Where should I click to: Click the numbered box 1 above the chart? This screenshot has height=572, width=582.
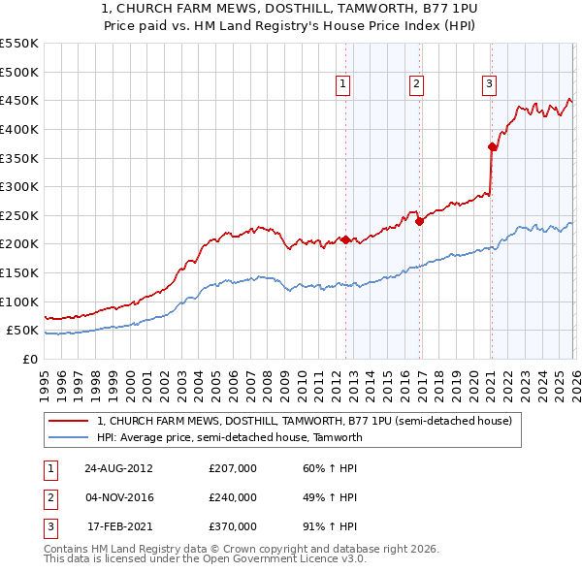tap(343, 85)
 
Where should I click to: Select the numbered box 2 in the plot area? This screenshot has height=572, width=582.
tap(415, 85)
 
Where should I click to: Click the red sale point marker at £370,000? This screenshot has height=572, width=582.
tap(492, 146)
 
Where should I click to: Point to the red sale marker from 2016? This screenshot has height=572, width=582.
tap(419, 221)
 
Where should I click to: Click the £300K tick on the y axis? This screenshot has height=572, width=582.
tap(19, 186)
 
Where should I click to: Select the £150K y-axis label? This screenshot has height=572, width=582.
tap(19, 272)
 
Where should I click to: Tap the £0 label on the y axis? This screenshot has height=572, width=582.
tap(29, 359)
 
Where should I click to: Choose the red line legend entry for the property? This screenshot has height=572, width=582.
tap(310, 421)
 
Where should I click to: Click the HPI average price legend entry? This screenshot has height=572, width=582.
tap(229, 437)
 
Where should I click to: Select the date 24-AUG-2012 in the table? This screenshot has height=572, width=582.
tap(118, 468)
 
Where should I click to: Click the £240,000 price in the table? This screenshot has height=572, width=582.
tap(232, 497)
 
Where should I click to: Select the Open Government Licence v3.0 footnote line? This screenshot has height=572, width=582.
tap(205, 559)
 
